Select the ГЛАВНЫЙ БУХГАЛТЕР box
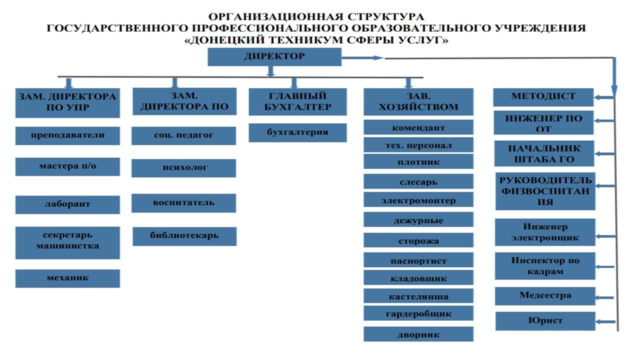pos(297,102)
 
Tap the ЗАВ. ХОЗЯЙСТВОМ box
pos(418,102)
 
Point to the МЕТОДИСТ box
pos(543,97)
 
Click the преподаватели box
pos(67,135)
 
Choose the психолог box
pos(183,168)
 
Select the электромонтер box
pos(418,201)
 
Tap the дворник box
pos(418,334)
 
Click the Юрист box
pos(545,321)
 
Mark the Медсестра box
pos(545,296)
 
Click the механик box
pos(67,278)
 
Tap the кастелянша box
pos(418,296)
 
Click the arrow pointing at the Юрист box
pos(605,321)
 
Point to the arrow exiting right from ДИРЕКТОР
pos(362,58)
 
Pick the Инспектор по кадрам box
pos(545,266)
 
